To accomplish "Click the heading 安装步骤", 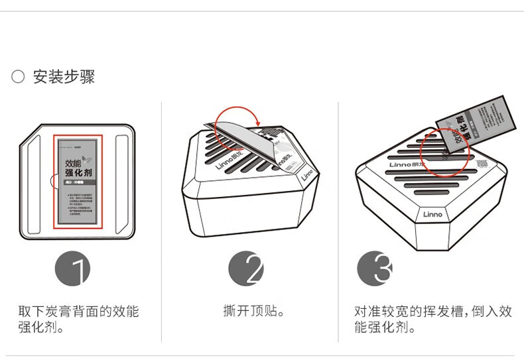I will pyautogui.click(x=64, y=77).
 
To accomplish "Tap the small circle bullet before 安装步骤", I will pyautogui.click(x=18, y=77).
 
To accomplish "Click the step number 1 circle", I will pyautogui.click(x=73, y=270).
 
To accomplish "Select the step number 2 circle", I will pyautogui.click(x=246, y=270).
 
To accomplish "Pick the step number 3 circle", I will pyautogui.click(x=375, y=270).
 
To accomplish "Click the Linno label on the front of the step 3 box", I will pyautogui.click(x=432, y=214).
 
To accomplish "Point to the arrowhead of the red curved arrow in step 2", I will pyautogui.click(x=257, y=121).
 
